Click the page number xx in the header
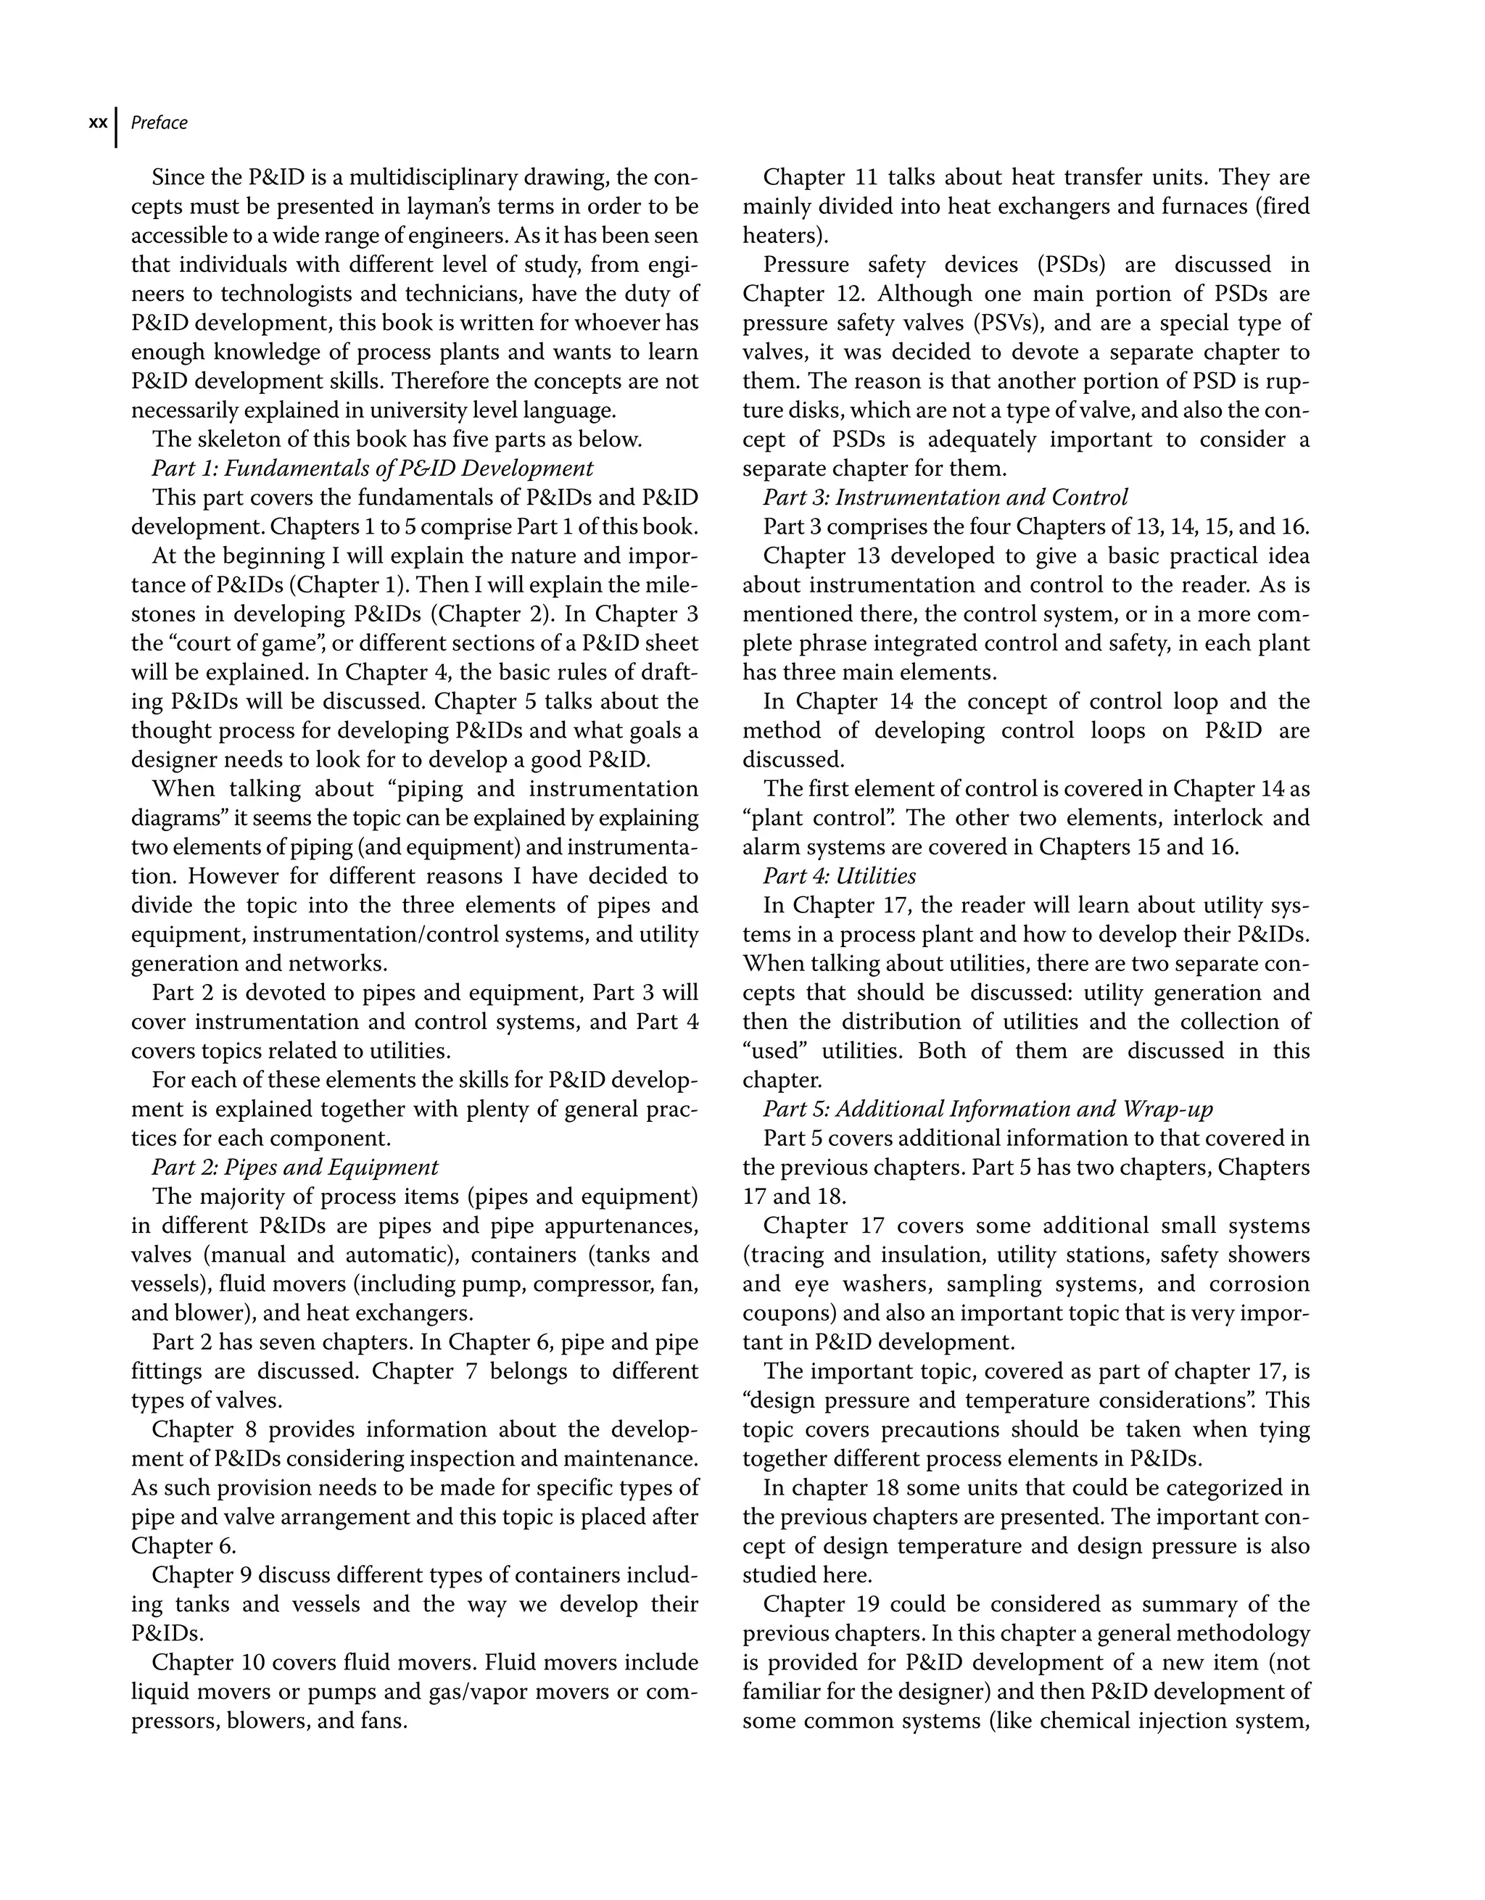pos(99,123)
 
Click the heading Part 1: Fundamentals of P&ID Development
pos(372,469)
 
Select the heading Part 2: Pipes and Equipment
pos(295,1168)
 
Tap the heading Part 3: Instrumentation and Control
pos(945,497)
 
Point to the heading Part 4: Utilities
pos(839,876)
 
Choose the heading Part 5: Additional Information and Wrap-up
pos(988,1110)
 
